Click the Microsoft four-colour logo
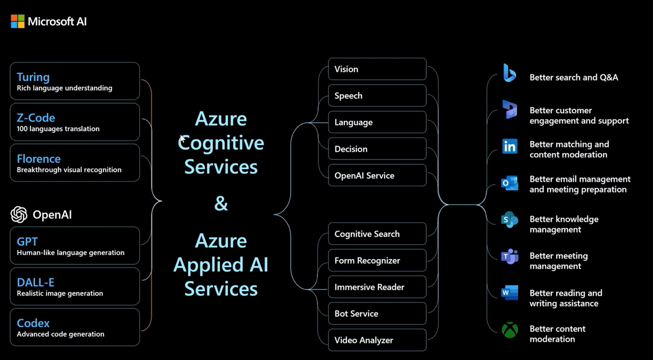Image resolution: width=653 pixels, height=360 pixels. [17, 22]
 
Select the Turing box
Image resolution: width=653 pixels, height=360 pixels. [75, 81]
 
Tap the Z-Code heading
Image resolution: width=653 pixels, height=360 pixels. [36, 118]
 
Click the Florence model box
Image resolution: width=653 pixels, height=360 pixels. [75, 163]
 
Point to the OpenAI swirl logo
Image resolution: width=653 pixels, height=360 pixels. [19, 215]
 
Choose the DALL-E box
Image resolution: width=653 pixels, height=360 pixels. [75, 286]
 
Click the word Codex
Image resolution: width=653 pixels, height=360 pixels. [33, 323]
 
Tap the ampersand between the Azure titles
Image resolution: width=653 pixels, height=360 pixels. [221, 204]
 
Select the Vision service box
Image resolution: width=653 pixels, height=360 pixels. [377, 69]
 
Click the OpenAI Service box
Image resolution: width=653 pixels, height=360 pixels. [377, 175]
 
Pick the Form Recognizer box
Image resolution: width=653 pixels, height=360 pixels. [377, 260]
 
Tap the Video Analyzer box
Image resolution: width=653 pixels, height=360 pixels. [377, 340]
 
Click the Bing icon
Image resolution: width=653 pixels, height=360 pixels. [509, 73]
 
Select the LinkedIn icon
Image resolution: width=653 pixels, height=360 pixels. [510, 146]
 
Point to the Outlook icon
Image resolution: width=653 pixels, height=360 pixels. [510, 183]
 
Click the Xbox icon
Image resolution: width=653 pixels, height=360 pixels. [510, 330]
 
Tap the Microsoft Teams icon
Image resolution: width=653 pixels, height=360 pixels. [510, 257]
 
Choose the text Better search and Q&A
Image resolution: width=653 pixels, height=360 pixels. [574, 77]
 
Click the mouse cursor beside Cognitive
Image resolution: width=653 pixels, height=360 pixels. [183, 139]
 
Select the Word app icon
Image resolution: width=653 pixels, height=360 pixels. [510, 292]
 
